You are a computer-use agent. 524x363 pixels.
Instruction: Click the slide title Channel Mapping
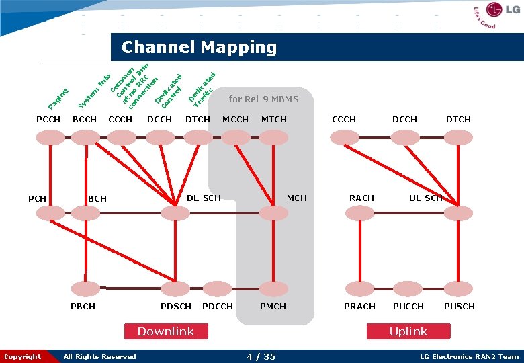point(199,47)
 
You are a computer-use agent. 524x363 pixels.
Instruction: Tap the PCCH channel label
point(48,120)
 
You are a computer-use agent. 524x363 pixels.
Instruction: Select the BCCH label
point(85,120)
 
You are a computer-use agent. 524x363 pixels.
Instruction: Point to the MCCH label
point(235,120)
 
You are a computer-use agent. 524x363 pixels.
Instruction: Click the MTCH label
point(273,120)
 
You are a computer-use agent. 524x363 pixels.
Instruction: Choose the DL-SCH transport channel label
point(203,198)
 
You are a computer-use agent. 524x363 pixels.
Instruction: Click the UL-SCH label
point(426,198)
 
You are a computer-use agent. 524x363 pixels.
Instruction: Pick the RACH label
point(361,198)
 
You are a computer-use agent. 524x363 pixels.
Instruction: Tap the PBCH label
point(83,307)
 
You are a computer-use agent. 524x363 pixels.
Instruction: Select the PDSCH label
point(175,307)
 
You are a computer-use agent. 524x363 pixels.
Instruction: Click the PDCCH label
point(217,307)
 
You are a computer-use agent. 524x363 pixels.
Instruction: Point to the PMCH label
point(273,307)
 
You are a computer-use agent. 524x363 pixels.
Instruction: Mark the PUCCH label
point(408,307)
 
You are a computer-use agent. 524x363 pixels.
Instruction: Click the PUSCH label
point(459,307)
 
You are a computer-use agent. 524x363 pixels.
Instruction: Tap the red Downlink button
point(165,331)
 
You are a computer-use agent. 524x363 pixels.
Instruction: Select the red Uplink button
point(408,331)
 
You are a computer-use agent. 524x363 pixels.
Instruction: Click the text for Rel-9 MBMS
point(263,99)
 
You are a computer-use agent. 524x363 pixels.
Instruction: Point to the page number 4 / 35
point(261,357)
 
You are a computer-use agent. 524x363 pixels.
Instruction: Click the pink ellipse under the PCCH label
point(48,137)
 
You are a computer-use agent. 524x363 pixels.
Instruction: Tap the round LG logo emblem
point(494,10)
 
